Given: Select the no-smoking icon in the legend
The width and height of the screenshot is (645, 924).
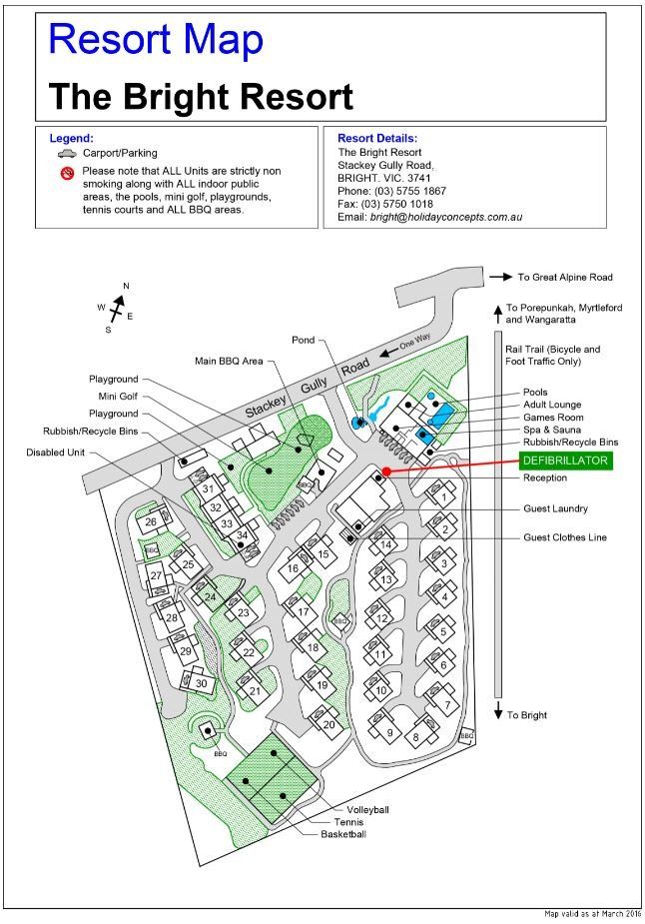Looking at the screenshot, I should pos(68,173).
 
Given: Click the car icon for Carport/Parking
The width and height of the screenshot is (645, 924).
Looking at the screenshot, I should pos(67,155).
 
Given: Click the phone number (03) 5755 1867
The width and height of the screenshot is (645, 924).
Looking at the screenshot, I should pos(411,191).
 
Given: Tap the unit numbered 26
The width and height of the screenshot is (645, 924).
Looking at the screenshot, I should pos(151,521).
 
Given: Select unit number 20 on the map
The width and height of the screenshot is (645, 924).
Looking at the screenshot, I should pos(328,725).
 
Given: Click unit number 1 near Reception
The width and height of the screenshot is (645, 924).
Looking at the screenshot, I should pos(441,496).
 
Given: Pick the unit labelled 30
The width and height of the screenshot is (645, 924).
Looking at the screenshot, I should pos(201,683).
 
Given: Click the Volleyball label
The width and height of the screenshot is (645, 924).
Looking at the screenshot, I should pos(367,809).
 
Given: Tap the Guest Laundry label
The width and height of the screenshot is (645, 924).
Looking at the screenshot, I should pos(555,508).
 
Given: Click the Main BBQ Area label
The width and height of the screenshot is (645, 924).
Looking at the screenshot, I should pos(230,361).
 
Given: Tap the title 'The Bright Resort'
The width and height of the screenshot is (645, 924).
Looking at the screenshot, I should pos(201,98).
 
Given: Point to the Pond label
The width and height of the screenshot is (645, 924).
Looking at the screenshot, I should pos(303,340).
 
